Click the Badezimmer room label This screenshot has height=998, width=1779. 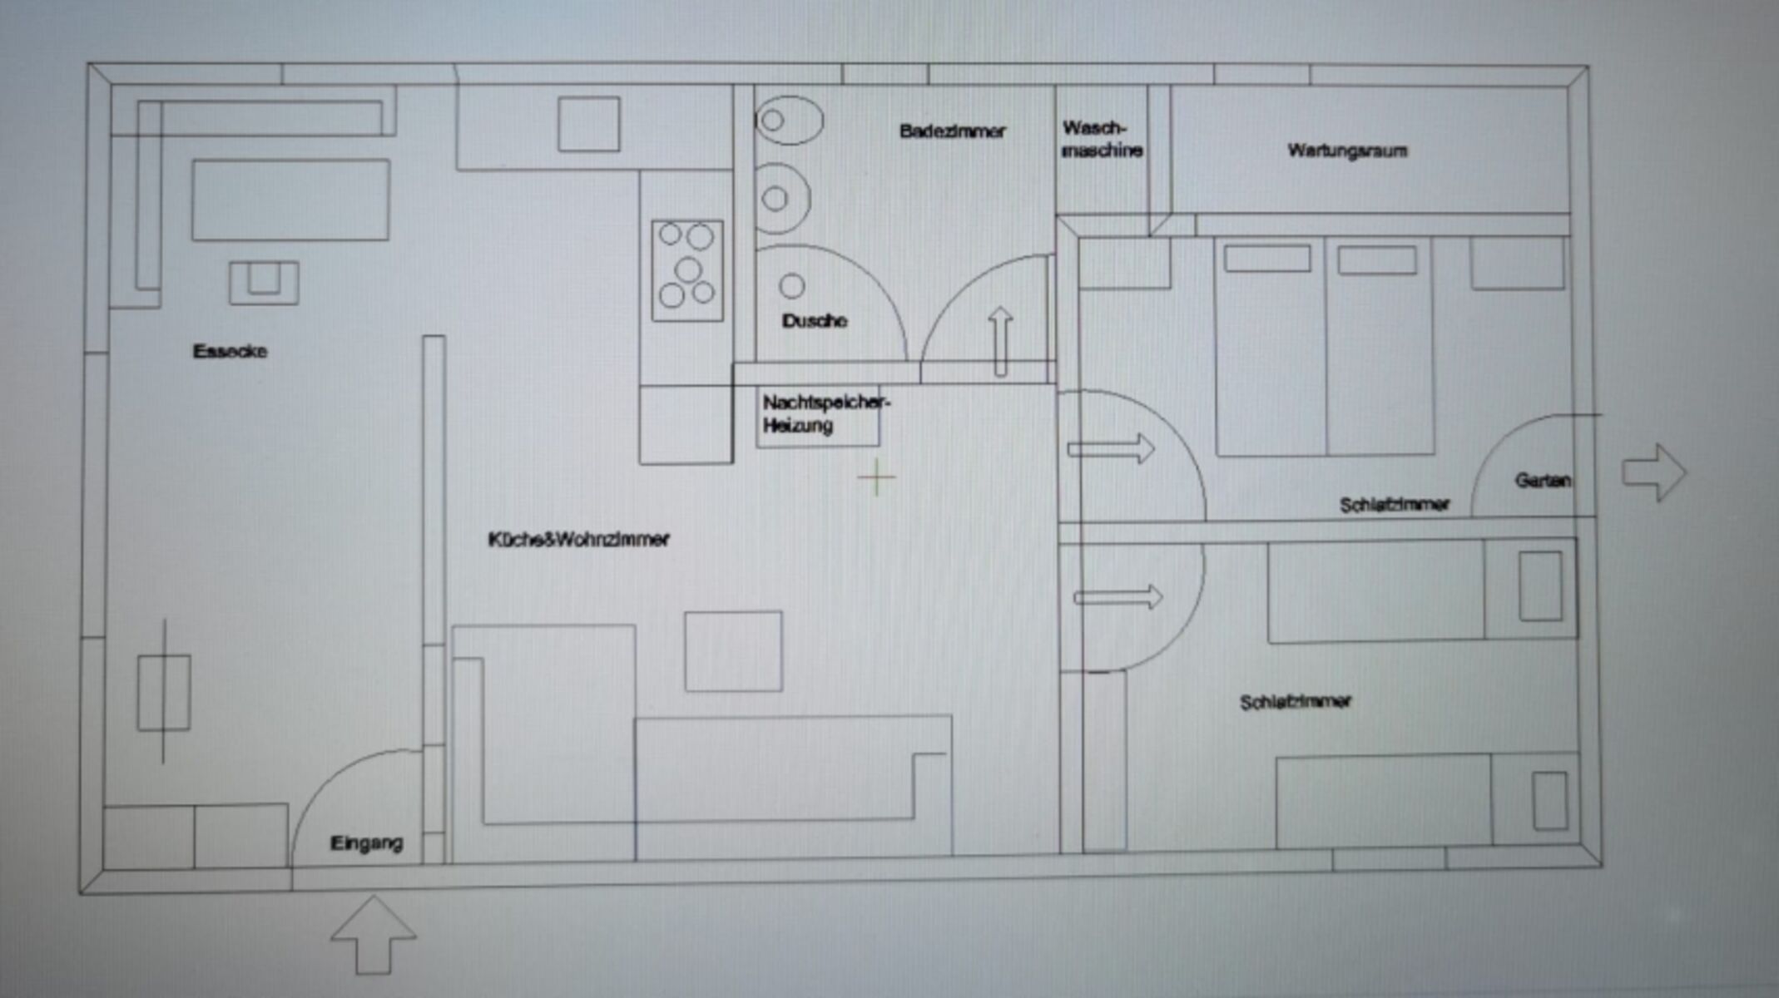952,131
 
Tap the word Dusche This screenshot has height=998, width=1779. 815,321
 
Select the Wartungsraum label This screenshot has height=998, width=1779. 1347,151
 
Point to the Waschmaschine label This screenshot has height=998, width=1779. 1102,140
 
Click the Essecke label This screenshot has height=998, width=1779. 230,351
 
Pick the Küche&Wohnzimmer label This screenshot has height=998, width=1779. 578,540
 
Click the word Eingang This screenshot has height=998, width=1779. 366,843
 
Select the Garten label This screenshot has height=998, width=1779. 1543,480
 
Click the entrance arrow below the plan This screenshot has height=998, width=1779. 374,935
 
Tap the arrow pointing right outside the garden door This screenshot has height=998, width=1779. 1654,472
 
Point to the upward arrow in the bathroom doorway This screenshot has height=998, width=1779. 1000,341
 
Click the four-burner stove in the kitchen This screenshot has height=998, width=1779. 687,270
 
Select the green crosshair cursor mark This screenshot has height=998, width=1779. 876,477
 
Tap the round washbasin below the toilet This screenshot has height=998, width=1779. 781,199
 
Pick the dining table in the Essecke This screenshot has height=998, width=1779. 290,200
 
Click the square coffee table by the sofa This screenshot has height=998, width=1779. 733,651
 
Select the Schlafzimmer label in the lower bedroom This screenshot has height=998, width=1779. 1295,703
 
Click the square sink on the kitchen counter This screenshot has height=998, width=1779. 588,124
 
